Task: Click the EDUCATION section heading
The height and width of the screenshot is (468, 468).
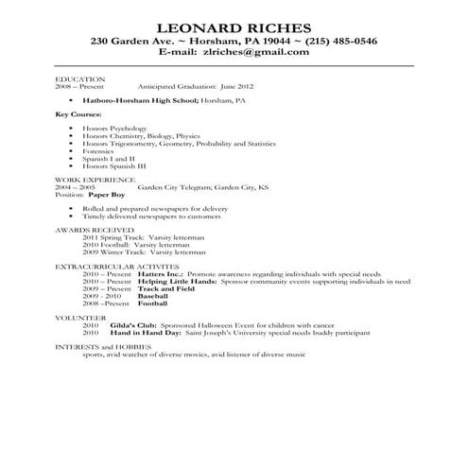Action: click(x=80, y=78)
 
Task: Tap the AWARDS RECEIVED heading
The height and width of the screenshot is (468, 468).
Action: click(x=93, y=230)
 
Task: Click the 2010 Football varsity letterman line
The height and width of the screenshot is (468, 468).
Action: click(x=144, y=245)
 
